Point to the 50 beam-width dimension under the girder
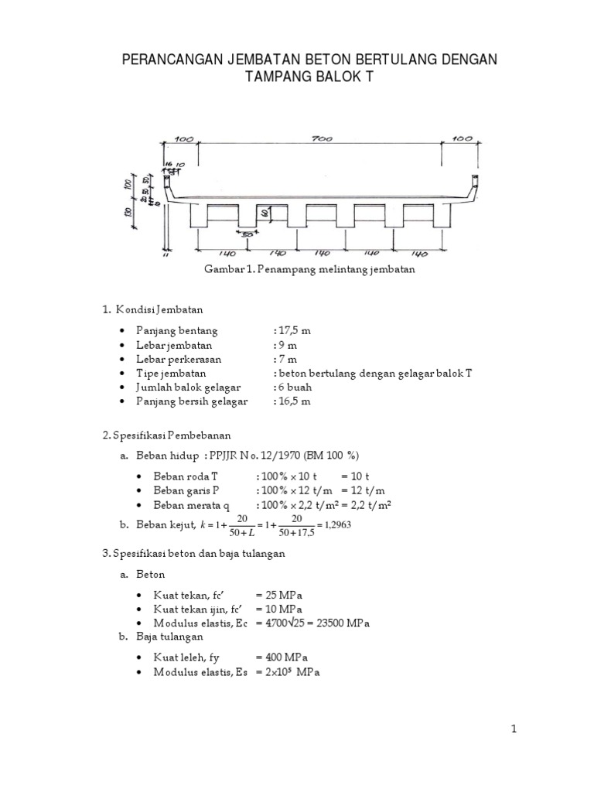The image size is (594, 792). (247, 235)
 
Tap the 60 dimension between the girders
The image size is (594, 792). (265, 212)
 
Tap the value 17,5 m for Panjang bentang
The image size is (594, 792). (294, 330)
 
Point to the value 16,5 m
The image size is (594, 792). (294, 401)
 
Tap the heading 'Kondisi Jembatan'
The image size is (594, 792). (159, 310)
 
